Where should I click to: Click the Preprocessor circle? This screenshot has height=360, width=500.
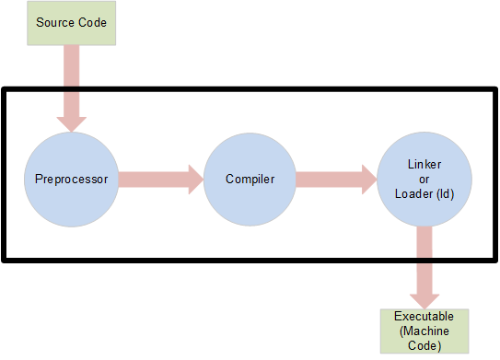click(x=72, y=179)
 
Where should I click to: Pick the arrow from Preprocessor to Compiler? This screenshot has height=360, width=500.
click(x=157, y=179)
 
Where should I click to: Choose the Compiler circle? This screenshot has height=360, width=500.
click(x=250, y=179)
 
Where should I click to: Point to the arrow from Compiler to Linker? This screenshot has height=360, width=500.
click(x=331, y=179)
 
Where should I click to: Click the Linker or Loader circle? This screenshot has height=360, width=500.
click(x=424, y=179)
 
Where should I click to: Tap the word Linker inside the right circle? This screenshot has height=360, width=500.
click(x=424, y=163)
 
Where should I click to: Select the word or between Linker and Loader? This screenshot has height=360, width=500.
click(x=424, y=179)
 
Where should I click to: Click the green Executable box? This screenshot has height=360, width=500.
click(x=424, y=331)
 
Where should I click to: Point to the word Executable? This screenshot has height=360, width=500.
click(x=424, y=317)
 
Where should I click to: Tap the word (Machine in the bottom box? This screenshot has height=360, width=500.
click(x=424, y=331)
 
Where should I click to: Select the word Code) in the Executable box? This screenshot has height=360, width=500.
click(x=424, y=346)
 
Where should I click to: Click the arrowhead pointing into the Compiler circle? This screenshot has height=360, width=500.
click(x=194, y=179)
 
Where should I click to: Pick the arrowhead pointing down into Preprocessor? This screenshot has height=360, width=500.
click(x=72, y=122)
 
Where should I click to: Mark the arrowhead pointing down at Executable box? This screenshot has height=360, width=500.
click(x=424, y=299)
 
